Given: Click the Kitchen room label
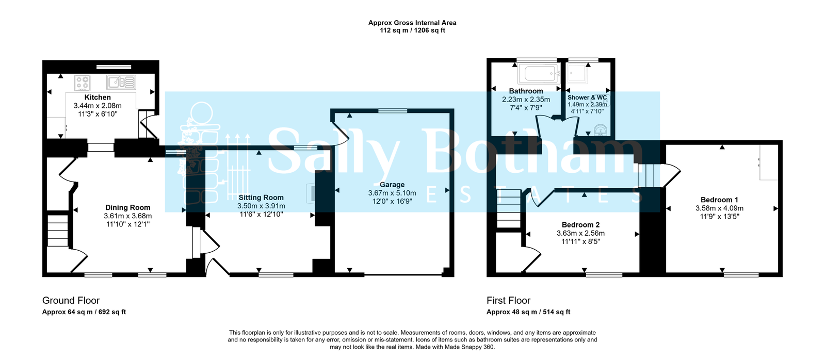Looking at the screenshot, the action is coord(98,97).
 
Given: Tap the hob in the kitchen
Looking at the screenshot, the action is coord(82,83).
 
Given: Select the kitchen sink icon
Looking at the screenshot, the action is coord(121,83).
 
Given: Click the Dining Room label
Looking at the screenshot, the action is coord(128,208).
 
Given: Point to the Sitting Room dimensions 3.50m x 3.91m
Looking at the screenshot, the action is coord(261,206).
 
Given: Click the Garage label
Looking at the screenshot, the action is coord(392,185).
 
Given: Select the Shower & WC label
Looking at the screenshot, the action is coord(587,97).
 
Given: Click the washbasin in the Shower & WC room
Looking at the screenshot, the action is coord(601,130).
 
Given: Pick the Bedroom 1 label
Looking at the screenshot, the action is coord(719,200).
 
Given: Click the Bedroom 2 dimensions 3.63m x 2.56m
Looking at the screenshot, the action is coord(581,233).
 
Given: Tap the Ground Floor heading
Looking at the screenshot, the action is coord(71,300).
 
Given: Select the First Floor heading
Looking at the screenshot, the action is coord(509,300).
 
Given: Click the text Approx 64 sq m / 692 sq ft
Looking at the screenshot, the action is coord(84,312).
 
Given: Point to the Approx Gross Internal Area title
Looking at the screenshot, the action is coord(413,23).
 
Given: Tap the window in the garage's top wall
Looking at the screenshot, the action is coord(393,110).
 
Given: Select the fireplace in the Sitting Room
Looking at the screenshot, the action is coord(311,193).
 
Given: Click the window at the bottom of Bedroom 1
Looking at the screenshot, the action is coord(741,274).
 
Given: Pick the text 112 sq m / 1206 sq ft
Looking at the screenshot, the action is coord(413,30).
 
